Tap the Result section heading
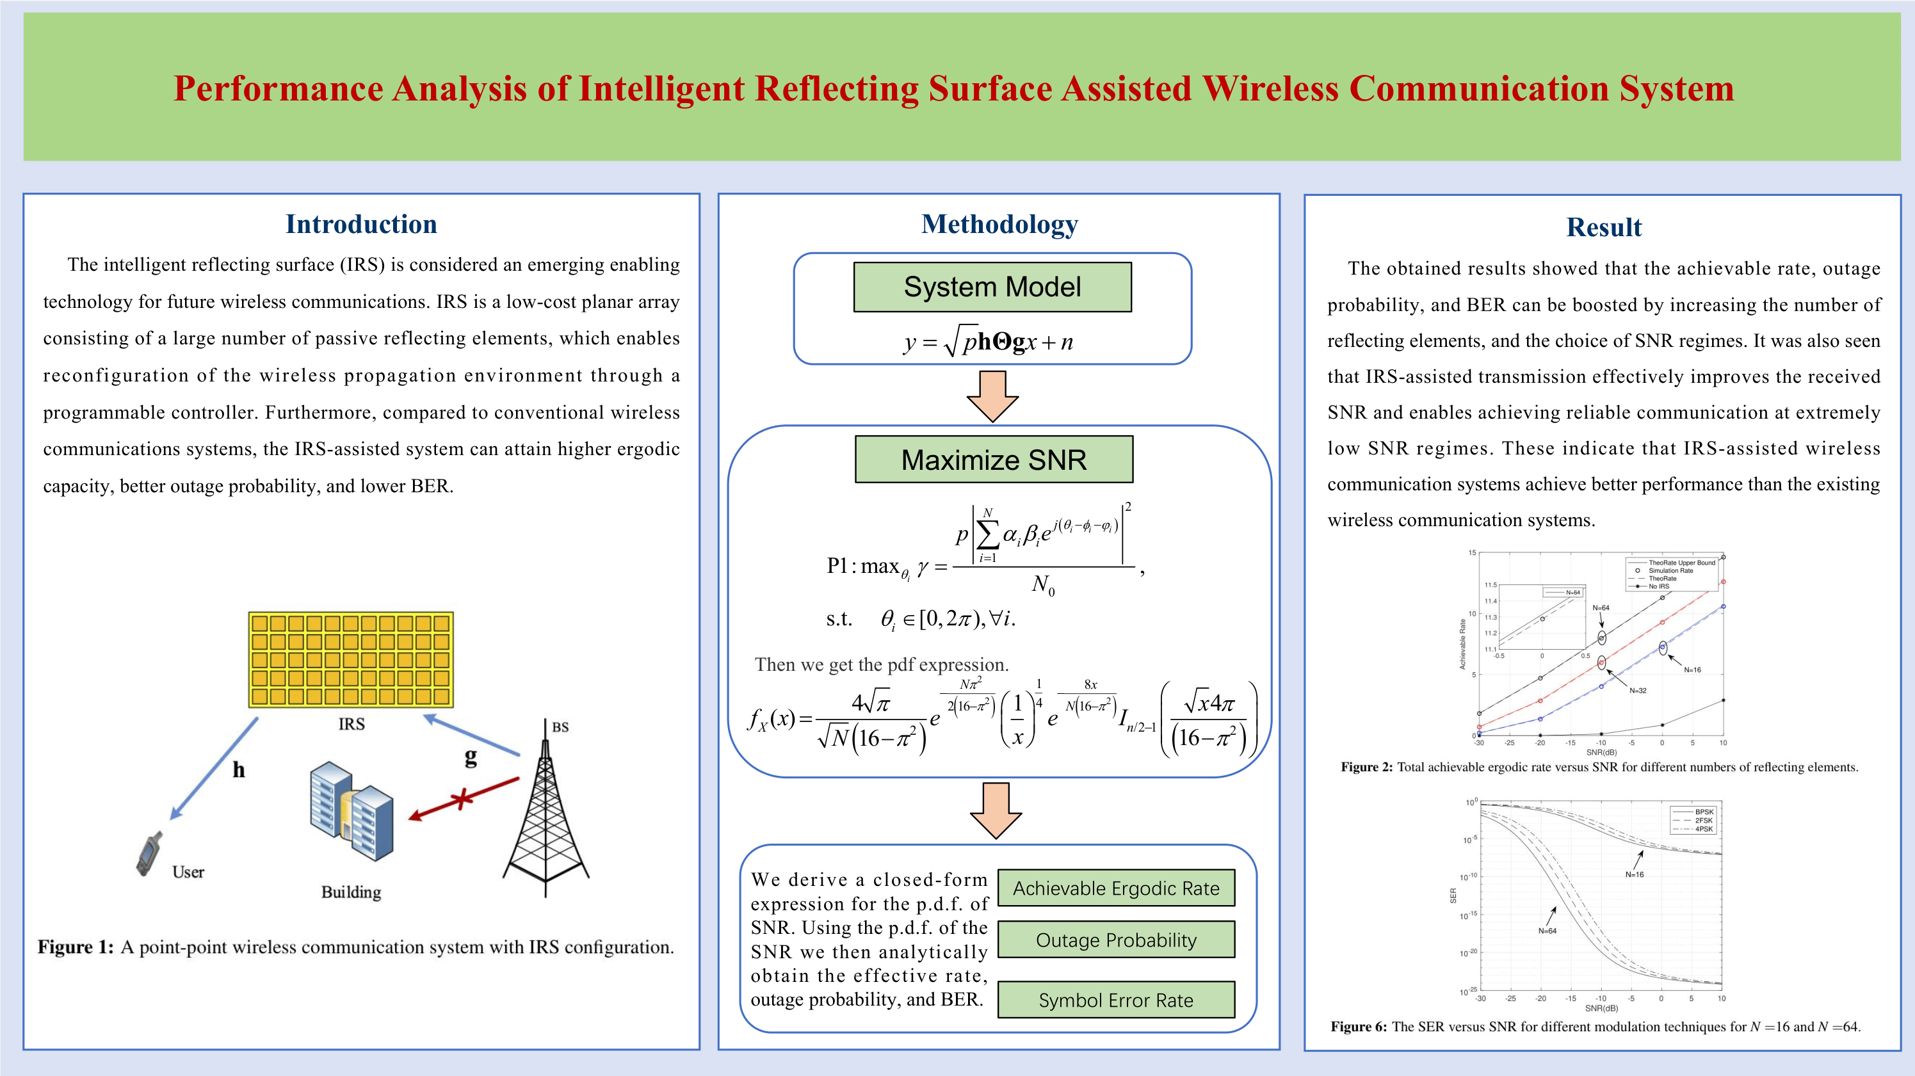point(1603,227)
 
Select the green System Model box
point(992,287)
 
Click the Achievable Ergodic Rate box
point(1116,888)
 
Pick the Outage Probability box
point(1116,940)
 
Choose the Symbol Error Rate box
point(1116,1000)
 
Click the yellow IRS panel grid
point(351,659)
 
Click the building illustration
point(351,812)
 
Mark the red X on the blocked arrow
point(462,799)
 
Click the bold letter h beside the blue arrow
point(239,770)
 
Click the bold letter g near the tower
point(471,757)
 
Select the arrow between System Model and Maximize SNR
point(992,396)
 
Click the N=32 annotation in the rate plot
point(1638,690)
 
